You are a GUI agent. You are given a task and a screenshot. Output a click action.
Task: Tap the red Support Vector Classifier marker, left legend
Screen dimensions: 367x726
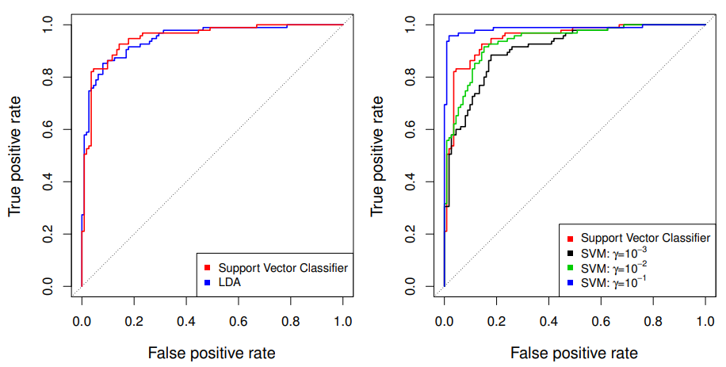(207, 267)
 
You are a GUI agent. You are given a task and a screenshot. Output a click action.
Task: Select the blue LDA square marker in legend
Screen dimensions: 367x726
(207, 281)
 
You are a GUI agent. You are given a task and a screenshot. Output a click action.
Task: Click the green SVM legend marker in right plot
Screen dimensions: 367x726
(570, 267)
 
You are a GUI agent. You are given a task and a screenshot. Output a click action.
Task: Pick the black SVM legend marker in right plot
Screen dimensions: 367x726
(570, 252)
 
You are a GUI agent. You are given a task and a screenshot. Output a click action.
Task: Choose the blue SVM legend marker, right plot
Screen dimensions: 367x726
(570, 282)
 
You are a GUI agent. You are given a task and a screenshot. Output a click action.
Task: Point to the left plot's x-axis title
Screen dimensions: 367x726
(212, 352)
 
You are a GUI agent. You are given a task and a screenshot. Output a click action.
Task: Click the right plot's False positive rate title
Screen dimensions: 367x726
(574, 352)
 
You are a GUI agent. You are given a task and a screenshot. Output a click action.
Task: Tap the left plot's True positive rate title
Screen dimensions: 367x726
(15, 155)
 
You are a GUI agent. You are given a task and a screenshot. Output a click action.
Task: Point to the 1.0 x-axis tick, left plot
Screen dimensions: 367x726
(342, 322)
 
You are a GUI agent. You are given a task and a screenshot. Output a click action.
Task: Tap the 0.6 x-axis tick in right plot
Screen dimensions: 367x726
(601, 322)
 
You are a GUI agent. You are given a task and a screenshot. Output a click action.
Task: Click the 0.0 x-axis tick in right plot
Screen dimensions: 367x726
(444, 322)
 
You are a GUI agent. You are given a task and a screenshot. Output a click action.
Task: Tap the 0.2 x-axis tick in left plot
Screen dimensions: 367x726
(134, 322)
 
